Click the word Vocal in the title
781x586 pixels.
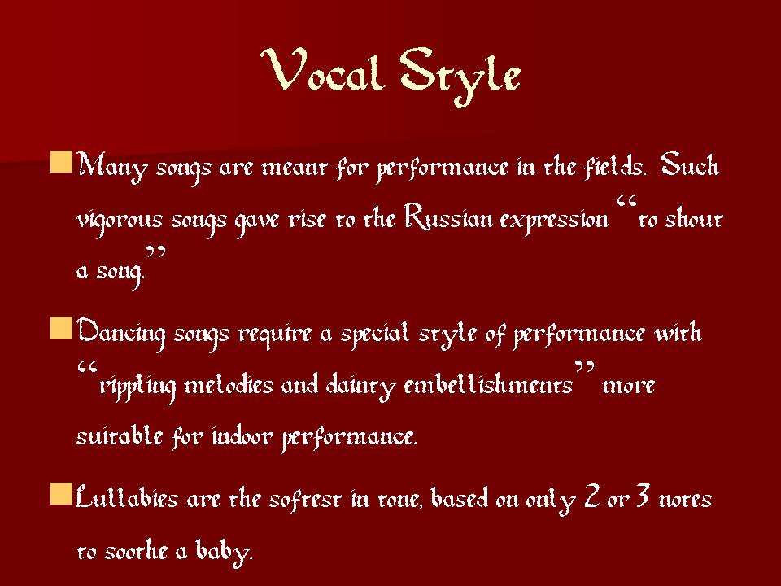pyautogui.click(x=323, y=70)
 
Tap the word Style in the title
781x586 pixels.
pyautogui.click(x=460, y=76)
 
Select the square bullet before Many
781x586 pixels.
pyautogui.click(x=61, y=163)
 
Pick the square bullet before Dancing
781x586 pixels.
pyautogui.click(x=61, y=328)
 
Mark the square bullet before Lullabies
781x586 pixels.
pyautogui.click(x=61, y=494)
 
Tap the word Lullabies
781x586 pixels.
pyautogui.click(x=127, y=498)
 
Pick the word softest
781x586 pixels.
pyautogui.click(x=305, y=498)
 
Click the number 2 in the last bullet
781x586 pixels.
pyautogui.click(x=591, y=496)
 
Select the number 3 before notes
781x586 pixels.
pyautogui.click(x=643, y=496)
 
